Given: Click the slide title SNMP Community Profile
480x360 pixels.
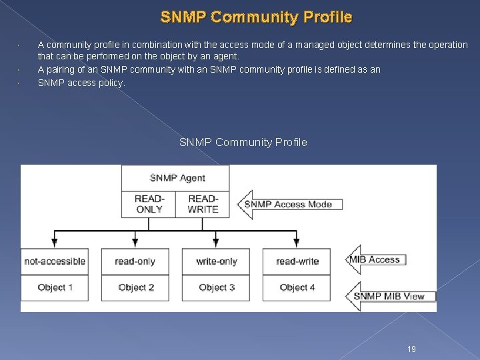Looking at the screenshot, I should click(256, 17).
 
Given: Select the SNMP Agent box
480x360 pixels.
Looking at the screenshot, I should click(175, 178).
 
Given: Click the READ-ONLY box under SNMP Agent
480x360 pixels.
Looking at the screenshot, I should click(149, 204).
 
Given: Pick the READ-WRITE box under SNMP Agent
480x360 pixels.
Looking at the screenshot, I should click(203, 204).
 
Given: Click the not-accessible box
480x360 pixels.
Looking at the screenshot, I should click(55, 261).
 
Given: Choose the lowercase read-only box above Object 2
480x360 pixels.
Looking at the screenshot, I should click(135, 261).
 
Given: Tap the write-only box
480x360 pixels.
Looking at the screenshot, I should click(216, 261).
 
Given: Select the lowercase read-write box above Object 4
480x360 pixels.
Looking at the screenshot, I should click(297, 261).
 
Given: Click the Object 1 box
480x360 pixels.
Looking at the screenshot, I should click(55, 287).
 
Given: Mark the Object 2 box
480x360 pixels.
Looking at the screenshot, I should click(135, 287).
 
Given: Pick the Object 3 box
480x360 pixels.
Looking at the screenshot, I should click(216, 287).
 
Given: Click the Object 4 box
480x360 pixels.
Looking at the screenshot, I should click(297, 287).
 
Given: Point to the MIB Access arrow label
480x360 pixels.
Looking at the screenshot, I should click(375, 259).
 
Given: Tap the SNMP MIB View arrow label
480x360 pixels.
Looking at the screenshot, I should click(389, 296).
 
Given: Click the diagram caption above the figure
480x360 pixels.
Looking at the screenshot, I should click(243, 142).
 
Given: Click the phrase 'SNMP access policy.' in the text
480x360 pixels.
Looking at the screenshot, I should click(81, 83).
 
